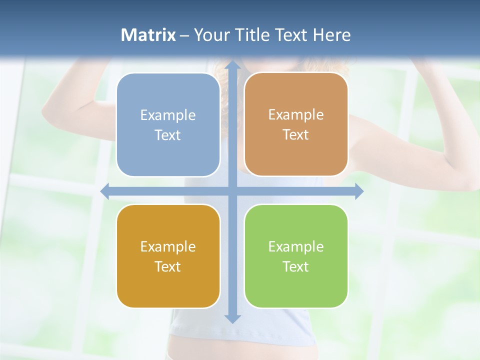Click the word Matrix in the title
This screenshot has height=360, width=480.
[x=148, y=35]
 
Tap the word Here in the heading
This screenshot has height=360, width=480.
[x=331, y=35]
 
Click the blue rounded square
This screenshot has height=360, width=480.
[x=168, y=125]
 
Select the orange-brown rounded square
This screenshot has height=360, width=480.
[x=296, y=124]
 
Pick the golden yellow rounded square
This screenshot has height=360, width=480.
[x=168, y=256]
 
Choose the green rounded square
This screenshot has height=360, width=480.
[x=296, y=256]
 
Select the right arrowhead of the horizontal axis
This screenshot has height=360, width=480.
[x=358, y=191]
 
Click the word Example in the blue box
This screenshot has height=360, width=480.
[x=168, y=115]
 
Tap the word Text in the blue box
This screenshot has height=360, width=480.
[x=168, y=135]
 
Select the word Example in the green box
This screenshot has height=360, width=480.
[x=296, y=246]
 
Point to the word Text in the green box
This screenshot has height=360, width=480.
[x=296, y=266]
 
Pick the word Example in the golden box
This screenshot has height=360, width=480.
[x=168, y=246]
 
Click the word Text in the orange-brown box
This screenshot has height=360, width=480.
[x=296, y=135]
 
